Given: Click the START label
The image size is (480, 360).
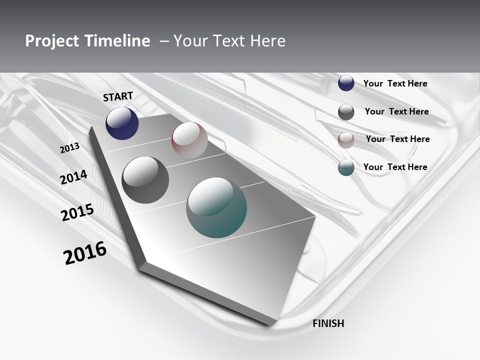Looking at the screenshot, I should click(118, 96).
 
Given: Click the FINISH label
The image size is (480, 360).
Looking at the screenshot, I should click(328, 323).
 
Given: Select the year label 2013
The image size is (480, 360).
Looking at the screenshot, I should click(69, 148).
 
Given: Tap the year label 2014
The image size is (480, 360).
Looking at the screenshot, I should click(73, 177).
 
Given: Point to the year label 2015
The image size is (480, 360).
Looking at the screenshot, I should click(77, 212).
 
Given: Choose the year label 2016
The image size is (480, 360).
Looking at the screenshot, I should click(85, 252).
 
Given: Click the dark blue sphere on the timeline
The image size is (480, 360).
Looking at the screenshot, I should click(122, 123).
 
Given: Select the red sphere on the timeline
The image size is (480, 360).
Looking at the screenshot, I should click(189, 140).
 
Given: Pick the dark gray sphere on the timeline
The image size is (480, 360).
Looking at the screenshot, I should click(145, 179).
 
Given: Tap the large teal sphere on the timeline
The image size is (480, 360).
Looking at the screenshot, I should click(216, 207).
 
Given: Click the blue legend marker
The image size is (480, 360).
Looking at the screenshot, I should click(346, 83).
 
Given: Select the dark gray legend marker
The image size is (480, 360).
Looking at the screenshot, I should click(346, 112).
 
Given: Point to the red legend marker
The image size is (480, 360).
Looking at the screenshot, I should click(346, 140).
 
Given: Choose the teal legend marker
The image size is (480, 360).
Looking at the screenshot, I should click(346, 167).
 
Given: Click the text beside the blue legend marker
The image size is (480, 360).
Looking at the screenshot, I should click(395, 83).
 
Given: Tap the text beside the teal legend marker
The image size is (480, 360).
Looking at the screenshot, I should click(395, 167).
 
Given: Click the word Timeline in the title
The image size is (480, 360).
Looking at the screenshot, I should click(115, 41).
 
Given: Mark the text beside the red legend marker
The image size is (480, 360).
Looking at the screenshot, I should click(397, 139).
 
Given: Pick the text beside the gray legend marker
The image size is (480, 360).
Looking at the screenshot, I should click(396, 111).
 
